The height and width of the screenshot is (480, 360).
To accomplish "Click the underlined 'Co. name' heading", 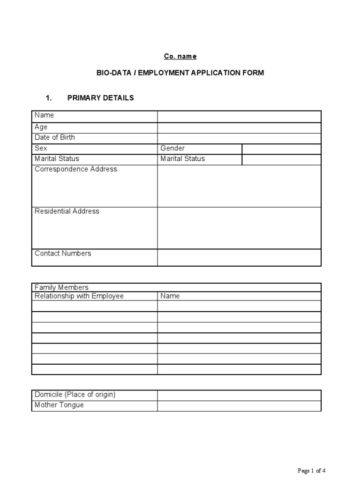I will pos(180,56).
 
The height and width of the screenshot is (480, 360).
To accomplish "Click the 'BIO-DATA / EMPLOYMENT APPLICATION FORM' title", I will pos(180,73).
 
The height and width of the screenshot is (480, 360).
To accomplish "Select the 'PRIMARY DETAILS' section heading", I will pos(101,98).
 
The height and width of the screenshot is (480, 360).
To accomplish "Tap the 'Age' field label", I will pos(41,127).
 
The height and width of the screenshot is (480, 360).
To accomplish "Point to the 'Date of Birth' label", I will pos(54,137).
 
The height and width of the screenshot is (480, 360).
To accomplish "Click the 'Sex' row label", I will pos(41,148).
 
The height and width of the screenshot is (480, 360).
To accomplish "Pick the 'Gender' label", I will pos(172,148).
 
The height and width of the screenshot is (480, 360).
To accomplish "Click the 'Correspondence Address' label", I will pos(76,169).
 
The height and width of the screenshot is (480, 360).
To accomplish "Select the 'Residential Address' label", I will pos(67,211).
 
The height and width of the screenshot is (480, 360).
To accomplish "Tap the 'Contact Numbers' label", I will pos(63,253).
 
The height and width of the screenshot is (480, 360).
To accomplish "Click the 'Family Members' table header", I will pos(61,287).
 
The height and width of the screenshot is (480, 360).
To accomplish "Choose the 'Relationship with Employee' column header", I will pos(79,296).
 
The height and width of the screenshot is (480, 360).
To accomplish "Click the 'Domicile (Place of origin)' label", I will pos(75,394).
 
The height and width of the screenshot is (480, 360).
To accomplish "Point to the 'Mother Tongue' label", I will pos(59,405).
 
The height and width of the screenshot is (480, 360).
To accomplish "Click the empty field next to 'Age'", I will pos(239,127).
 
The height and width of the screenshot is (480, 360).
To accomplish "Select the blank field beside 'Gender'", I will pos(281,149).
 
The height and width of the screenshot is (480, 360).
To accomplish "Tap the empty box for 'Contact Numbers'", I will pos(239,257).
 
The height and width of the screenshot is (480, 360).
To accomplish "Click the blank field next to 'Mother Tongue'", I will pos(239,405).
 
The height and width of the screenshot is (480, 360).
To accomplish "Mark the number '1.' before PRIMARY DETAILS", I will pos(48,98).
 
